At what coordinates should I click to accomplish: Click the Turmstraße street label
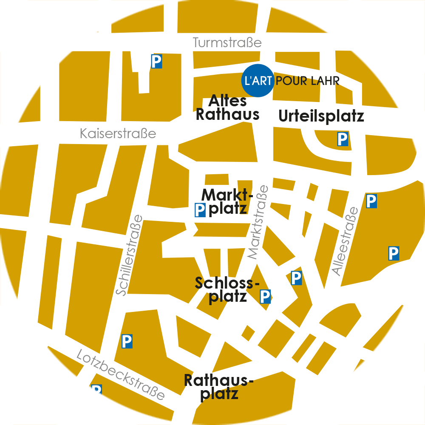227,43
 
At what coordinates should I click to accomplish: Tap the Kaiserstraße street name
118,134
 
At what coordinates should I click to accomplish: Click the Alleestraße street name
345,241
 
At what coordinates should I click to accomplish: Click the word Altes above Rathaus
228,101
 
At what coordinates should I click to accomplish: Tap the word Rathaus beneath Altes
228,115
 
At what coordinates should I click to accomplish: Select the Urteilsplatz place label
321,116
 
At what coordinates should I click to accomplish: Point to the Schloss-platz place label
227,289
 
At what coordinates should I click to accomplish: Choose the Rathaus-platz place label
218,387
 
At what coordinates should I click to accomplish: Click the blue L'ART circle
257,80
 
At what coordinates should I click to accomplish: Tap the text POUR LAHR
308,81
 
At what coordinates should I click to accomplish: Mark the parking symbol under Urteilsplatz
343,139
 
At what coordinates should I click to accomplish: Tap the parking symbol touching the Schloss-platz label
265,296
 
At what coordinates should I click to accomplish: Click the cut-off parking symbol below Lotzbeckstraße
97,389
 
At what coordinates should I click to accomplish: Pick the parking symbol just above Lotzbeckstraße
127,341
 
